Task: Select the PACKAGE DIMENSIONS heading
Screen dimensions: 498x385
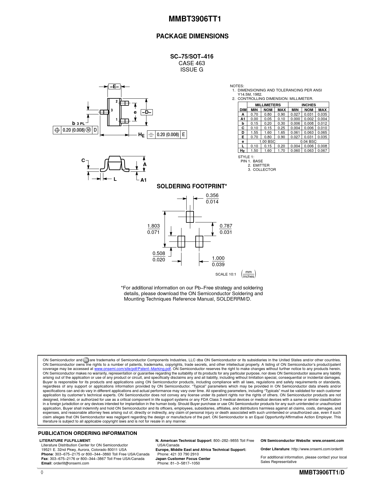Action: pos(192,36)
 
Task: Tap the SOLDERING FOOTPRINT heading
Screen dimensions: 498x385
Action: pos(192,186)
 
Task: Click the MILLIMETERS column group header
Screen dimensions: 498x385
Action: pos(268,105)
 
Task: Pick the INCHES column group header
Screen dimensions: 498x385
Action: pos(309,105)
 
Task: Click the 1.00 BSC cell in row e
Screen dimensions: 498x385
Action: pos(268,141)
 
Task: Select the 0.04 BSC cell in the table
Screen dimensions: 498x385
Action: pos(308,141)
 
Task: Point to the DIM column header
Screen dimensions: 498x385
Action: pos(243,110)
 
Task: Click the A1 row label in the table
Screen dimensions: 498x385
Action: pos(243,119)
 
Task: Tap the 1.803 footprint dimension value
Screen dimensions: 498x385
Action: pos(153,226)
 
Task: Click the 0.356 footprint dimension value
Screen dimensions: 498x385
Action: pos(212,196)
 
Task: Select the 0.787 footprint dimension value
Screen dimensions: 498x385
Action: pos(226,226)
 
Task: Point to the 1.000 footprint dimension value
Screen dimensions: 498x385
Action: pos(218,258)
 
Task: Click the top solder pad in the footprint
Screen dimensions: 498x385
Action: pos(190,217)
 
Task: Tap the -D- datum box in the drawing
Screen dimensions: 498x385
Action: pos(147,112)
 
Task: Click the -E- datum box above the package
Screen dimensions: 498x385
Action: pos(114,87)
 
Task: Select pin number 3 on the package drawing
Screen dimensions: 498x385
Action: pos(112,110)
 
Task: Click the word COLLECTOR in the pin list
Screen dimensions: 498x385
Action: pos(264,170)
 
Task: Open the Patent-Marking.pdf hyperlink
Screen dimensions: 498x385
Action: pos(132,369)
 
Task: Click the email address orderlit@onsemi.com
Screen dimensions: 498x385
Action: pos(71,463)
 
